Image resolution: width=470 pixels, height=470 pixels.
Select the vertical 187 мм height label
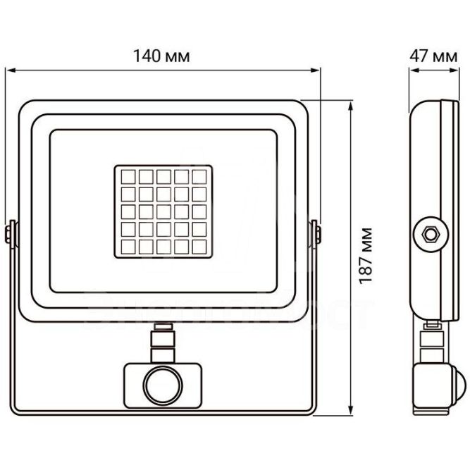point(366,255)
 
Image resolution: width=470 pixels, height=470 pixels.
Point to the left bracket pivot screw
point(11,233)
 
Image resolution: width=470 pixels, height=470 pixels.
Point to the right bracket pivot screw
point(314,233)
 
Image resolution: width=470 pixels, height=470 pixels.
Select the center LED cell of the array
point(163,211)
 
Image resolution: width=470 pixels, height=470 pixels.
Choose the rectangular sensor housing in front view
point(163,384)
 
